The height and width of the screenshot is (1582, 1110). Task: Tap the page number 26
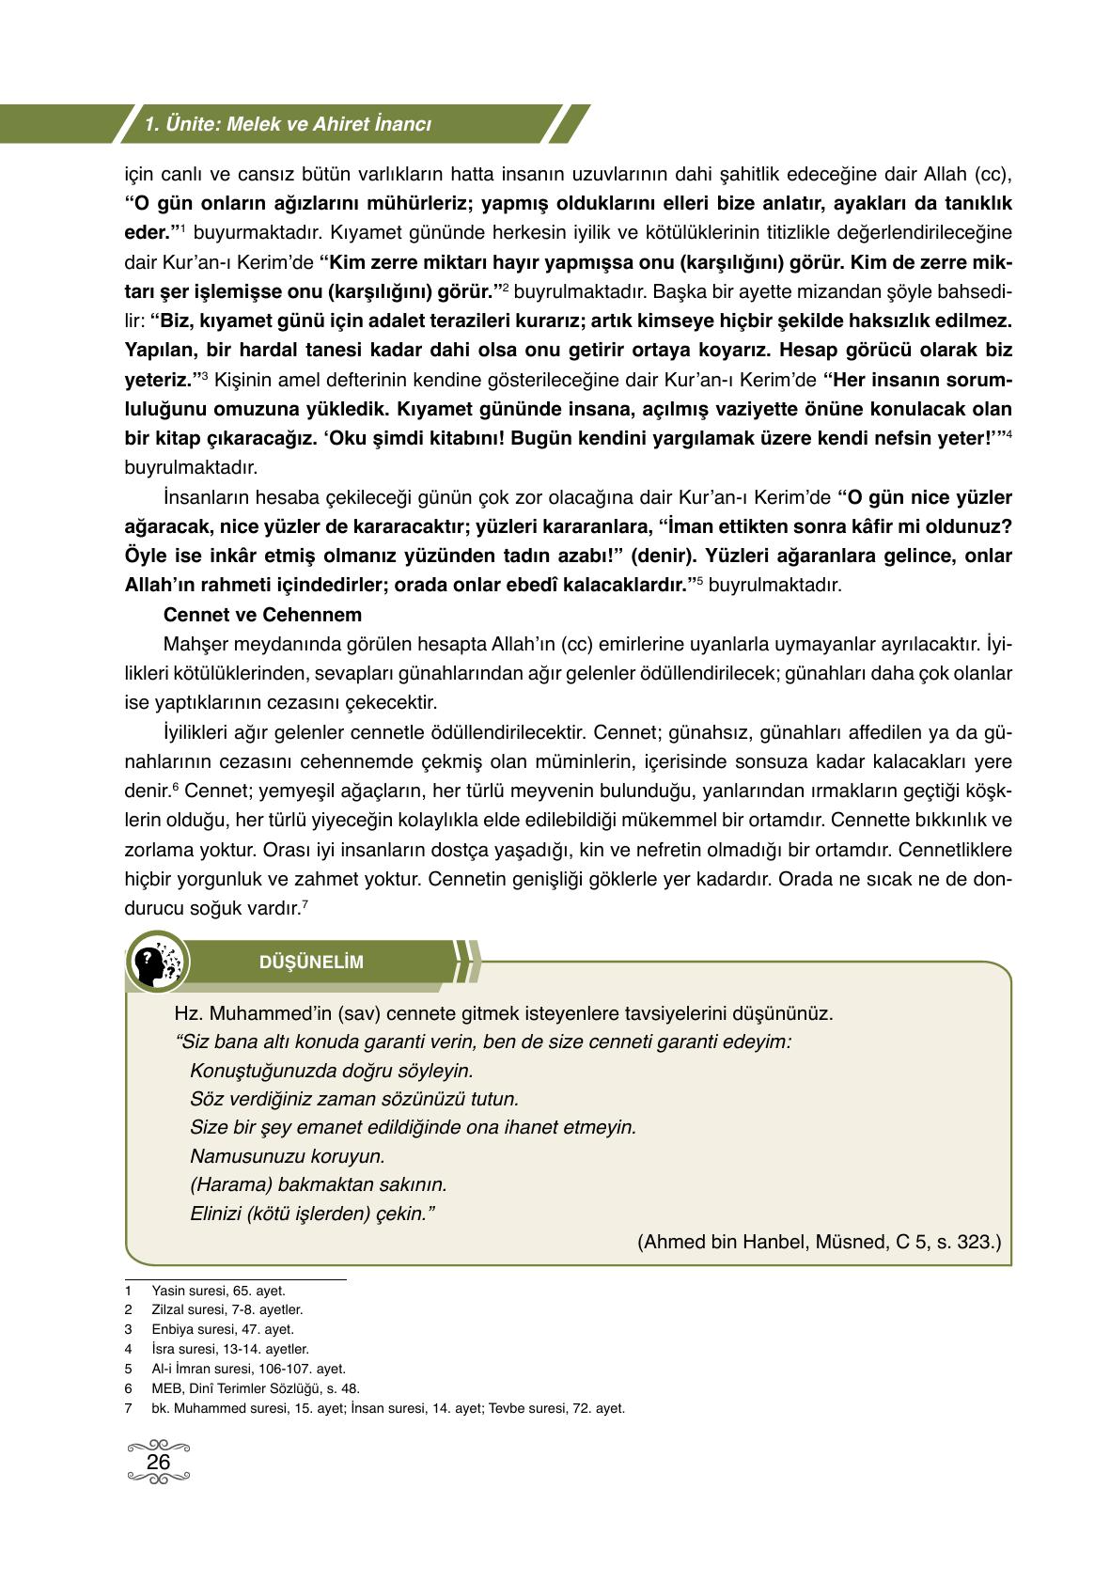coord(158,1463)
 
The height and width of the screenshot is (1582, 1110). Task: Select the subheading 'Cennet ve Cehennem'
coord(262,615)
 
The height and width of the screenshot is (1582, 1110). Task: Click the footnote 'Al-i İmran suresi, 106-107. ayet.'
coord(248,1369)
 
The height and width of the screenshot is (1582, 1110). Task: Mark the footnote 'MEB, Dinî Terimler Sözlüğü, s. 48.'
coord(255,1387)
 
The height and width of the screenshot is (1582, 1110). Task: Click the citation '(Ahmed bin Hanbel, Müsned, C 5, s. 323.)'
coord(819,1242)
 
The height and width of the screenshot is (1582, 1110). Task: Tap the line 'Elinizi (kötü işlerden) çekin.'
coord(312,1214)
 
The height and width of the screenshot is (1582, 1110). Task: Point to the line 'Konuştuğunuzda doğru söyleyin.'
coord(331,1071)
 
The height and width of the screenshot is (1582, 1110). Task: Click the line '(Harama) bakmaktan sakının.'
coord(318,1184)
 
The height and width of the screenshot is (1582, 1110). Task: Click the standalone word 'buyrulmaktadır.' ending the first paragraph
coord(191,467)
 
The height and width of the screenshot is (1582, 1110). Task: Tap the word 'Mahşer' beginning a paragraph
coord(194,644)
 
